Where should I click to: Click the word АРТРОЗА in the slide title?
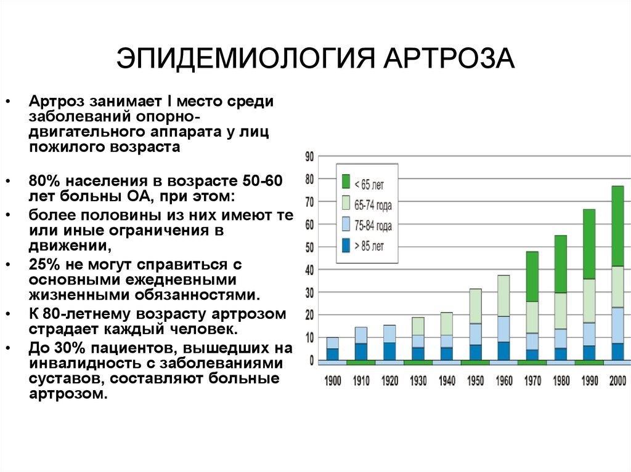449,58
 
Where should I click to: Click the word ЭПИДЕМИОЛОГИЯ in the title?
245,58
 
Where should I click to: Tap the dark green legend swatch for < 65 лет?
346,182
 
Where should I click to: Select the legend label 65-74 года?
373,205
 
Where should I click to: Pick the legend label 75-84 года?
373,225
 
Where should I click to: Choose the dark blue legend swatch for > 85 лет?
346,246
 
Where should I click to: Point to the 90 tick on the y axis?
309,156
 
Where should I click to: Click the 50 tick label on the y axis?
309,247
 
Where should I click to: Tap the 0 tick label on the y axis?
311,361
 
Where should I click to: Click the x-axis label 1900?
333,381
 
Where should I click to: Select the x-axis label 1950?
475,381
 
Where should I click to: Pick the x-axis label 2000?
617,381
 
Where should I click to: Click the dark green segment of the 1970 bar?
532,276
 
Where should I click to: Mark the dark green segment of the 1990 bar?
590,244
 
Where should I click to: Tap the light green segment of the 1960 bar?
504,296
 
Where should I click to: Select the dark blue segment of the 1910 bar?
361,352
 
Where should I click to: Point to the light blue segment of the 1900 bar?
333,343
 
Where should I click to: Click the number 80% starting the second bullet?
44,182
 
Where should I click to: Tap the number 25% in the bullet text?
44,265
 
